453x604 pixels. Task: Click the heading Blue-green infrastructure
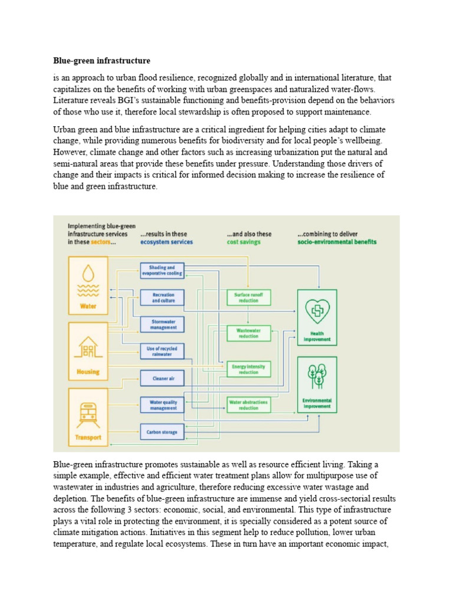click(101, 61)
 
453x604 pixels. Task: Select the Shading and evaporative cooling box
click(162, 271)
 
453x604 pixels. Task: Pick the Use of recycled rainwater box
click(162, 352)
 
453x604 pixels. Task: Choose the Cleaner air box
click(162, 378)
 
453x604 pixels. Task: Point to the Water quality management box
click(162, 405)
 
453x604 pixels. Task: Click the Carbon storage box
click(162, 432)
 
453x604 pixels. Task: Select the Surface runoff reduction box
click(248, 297)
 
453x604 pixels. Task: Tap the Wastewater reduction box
click(248, 333)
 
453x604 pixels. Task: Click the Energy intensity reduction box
click(248, 369)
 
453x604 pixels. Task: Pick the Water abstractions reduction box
click(248, 405)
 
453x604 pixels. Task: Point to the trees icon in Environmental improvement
click(317, 376)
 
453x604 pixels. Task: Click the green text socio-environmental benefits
click(337, 242)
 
